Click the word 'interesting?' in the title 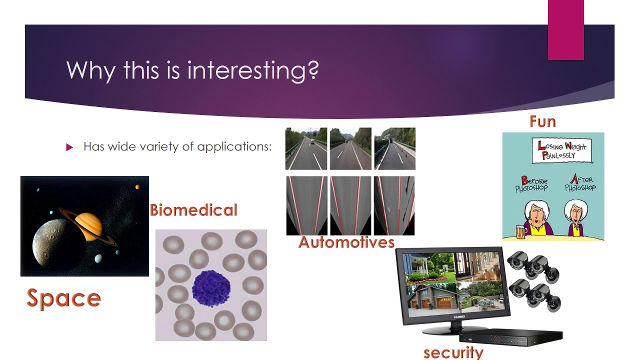pyautogui.click(x=253, y=70)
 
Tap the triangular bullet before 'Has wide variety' pyautogui.click(x=69, y=147)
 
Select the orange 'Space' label pyautogui.click(x=63, y=298)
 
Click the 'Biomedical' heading pyautogui.click(x=193, y=210)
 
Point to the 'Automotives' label pyautogui.click(x=346, y=242)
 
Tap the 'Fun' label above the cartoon pyautogui.click(x=542, y=121)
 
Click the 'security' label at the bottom pyautogui.click(x=453, y=352)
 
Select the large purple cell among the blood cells pyautogui.click(x=211, y=289)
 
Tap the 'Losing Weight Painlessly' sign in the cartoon pyautogui.click(x=562, y=150)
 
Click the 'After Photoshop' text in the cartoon pyautogui.click(x=580, y=183)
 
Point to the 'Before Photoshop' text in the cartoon pyautogui.click(x=531, y=184)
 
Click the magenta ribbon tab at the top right pyautogui.click(x=565, y=30)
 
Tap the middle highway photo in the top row pyautogui.click(x=350, y=148)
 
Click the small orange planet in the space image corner pyautogui.click(x=137, y=187)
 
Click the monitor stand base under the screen pyautogui.click(x=450, y=330)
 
